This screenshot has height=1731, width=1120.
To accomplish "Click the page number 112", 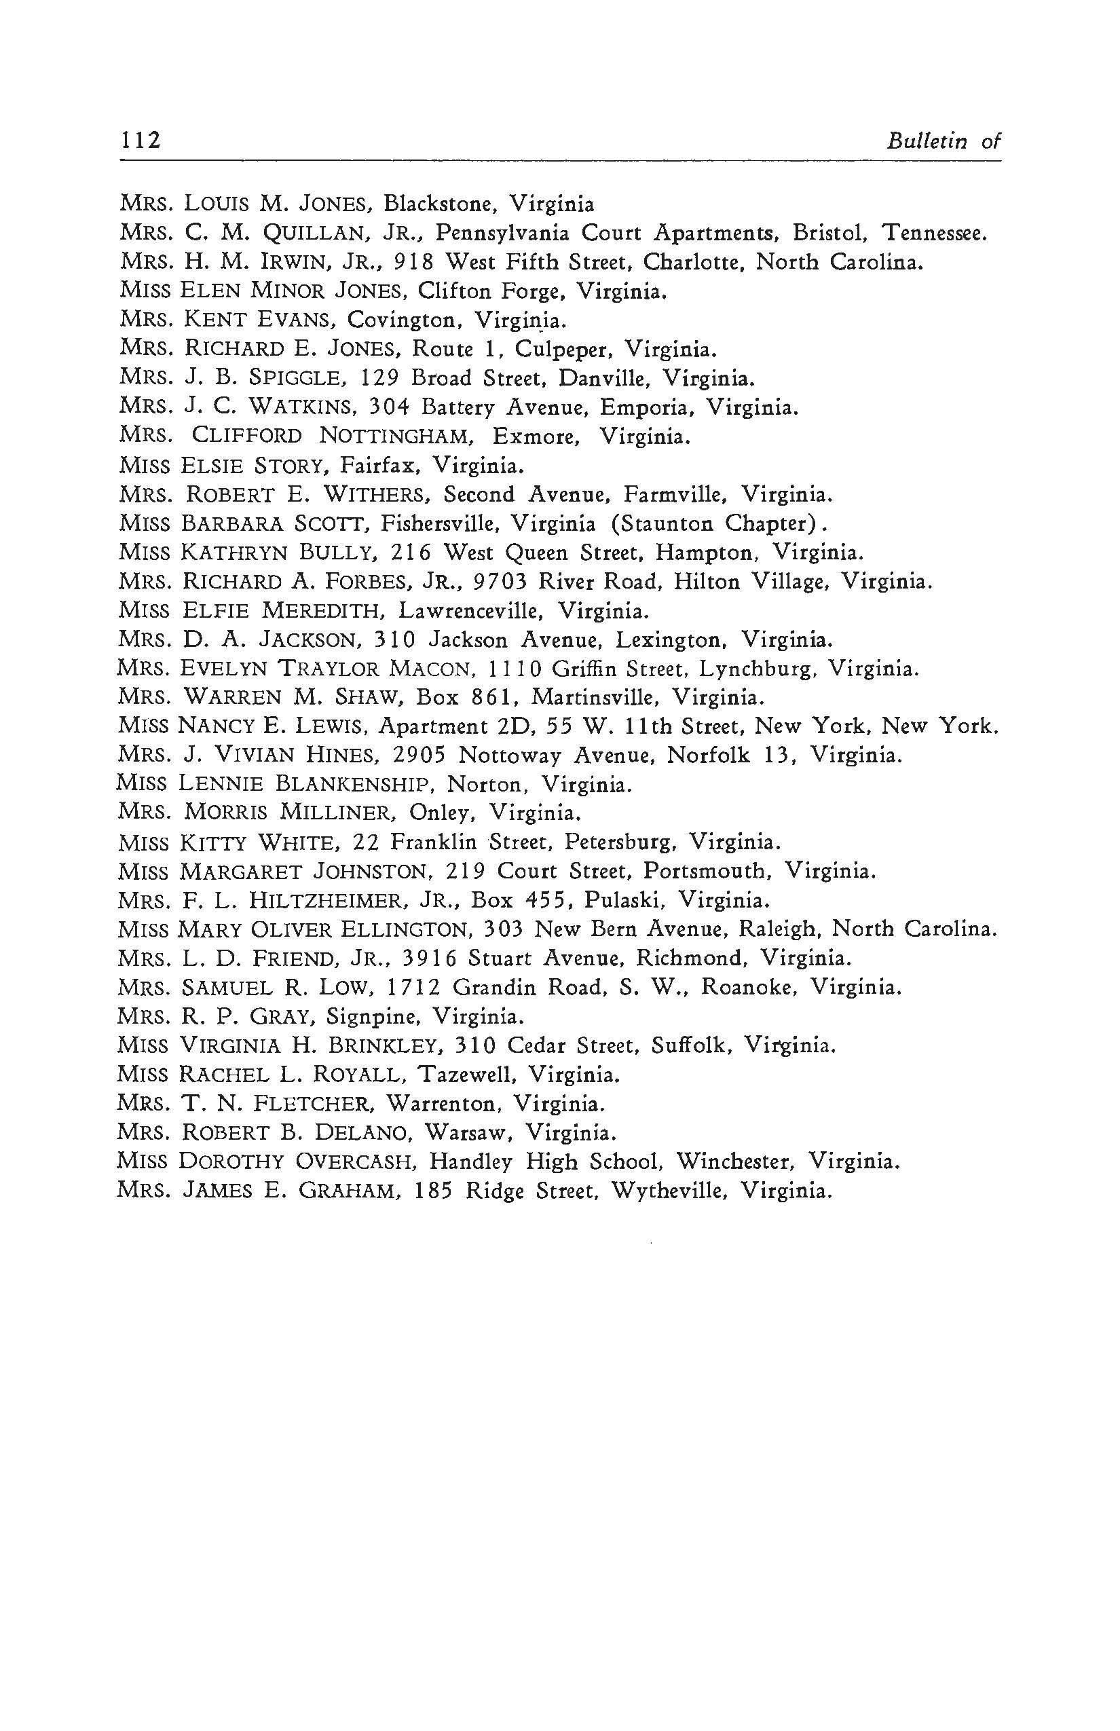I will (x=141, y=140).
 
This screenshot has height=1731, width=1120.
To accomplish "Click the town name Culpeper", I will (x=564, y=350).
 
